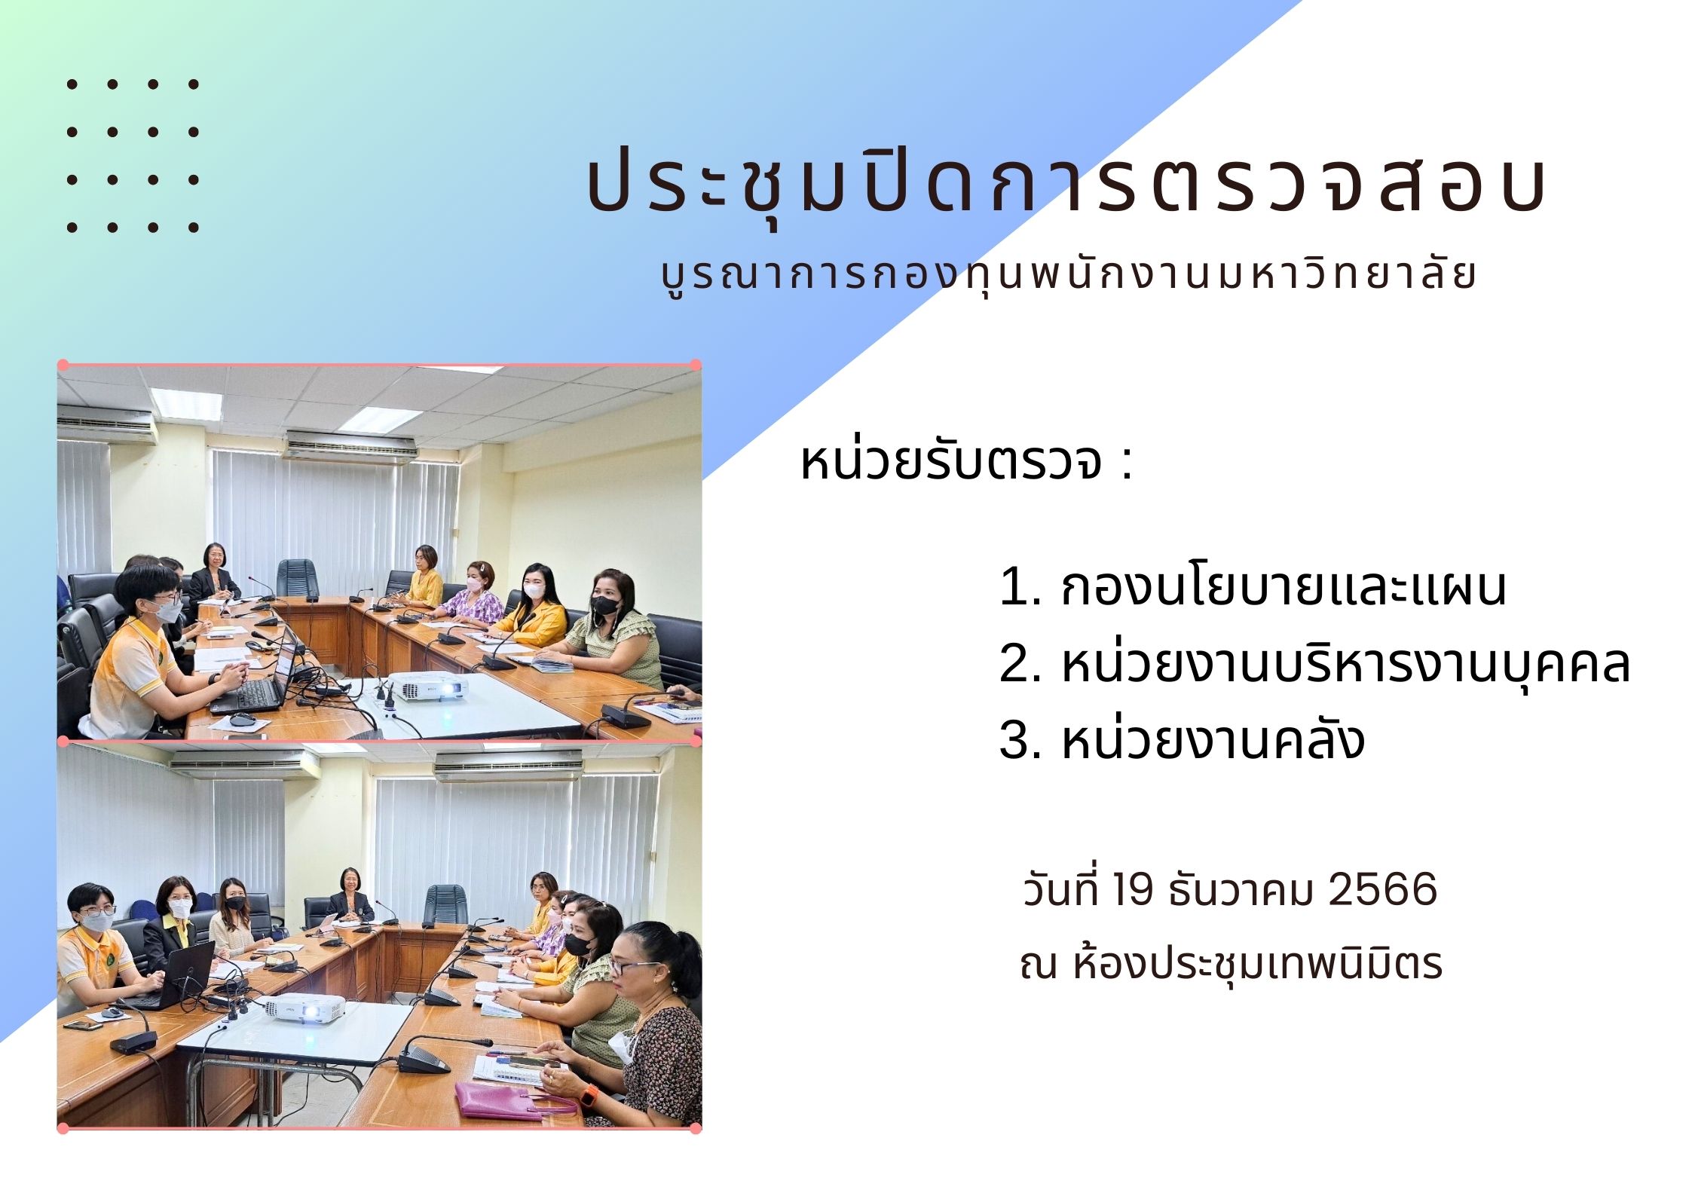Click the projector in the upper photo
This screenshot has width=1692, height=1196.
tap(431, 686)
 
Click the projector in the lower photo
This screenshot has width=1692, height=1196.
tap(303, 1007)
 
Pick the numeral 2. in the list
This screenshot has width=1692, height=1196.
tap(1020, 663)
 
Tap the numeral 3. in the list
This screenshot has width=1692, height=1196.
tap(1020, 739)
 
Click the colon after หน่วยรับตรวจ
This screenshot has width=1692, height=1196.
tap(1126, 463)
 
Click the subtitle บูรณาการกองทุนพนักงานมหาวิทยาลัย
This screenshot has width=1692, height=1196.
tap(1068, 276)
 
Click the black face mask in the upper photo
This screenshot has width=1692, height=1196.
tap(605, 604)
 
